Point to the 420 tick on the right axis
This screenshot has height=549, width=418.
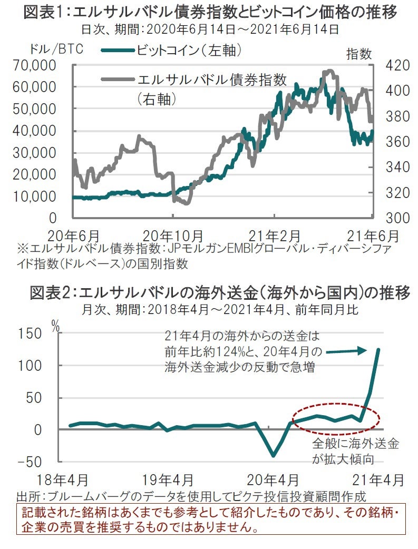[391, 65]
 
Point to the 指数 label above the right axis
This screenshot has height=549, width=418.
[359, 54]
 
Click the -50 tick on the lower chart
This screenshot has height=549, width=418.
[30, 462]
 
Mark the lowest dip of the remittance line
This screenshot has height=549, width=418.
[273, 456]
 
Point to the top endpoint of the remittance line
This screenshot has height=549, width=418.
[378, 349]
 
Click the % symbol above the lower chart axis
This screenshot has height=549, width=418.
[56, 326]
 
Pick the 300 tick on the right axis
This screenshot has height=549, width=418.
[391, 218]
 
